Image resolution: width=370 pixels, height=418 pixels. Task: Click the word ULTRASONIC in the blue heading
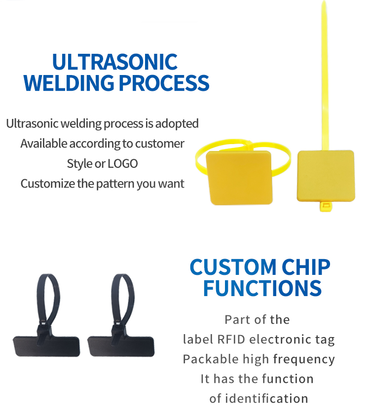tap(115, 62)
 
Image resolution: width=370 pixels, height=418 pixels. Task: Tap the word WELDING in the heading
tap(69, 83)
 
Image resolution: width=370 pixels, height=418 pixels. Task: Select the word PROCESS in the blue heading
tap(164, 83)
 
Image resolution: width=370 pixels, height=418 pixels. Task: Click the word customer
tap(160, 144)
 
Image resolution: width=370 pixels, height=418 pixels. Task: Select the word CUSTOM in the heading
tap(233, 267)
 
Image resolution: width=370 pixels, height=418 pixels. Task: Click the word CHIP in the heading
tap(306, 267)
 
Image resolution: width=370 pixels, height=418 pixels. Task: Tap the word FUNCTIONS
tap(262, 288)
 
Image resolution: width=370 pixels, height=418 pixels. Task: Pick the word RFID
tap(231, 340)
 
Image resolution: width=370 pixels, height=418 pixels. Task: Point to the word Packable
tap(210, 359)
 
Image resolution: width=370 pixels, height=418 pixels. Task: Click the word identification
tap(266, 399)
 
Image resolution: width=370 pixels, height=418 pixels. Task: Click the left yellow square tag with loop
tap(239, 177)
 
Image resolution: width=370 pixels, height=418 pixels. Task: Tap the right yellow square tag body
tap(326, 176)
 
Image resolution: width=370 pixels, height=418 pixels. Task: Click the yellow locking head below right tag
tap(326, 207)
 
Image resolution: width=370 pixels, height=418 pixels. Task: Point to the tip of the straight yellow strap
tap(324, 1)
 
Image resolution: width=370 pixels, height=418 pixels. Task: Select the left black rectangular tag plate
tap(46, 346)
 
